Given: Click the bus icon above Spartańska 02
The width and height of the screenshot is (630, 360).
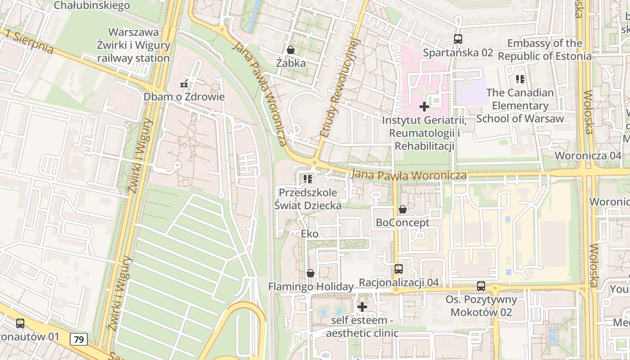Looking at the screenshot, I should click(x=458, y=39).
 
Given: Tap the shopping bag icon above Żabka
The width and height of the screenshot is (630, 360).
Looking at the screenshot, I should click(x=291, y=50).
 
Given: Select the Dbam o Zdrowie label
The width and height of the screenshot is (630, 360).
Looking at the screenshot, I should click(x=184, y=97).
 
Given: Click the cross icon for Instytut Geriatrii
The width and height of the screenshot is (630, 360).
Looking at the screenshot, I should click(x=424, y=107).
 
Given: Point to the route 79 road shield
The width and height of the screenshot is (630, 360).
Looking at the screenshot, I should click(x=79, y=339).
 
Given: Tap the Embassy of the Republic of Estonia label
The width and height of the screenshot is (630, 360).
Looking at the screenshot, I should click(x=544, y=50).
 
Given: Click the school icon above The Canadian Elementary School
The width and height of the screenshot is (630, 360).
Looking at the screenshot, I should click(x=520, y=80).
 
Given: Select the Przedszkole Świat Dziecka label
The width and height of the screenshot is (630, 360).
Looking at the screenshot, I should click(x=308, y=199).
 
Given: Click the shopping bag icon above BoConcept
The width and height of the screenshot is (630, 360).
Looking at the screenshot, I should click(x=403, y=209).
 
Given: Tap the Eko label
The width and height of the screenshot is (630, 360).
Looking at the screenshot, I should click(x=310, y=234).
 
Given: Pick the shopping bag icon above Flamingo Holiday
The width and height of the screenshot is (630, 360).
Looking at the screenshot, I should click(x=310, y=273).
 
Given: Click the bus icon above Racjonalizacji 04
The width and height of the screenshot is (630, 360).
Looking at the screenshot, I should click(x=399, y=269).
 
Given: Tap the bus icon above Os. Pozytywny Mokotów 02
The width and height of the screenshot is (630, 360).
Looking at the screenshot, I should click(x=481, y=286).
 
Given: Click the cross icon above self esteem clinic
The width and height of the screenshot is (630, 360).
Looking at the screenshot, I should click(x=362, y=307).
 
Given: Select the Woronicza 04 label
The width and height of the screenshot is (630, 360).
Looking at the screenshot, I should click(x=588, y=156).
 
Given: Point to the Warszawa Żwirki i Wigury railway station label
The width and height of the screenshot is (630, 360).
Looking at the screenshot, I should click(x=134, y=45).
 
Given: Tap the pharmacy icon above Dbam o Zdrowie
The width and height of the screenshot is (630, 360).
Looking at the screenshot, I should click(x=184, y=84).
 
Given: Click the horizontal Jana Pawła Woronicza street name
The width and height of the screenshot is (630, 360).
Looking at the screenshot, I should click(x=409, y=175).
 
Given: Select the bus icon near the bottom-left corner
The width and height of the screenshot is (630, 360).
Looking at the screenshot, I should click(x=20, y=323).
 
